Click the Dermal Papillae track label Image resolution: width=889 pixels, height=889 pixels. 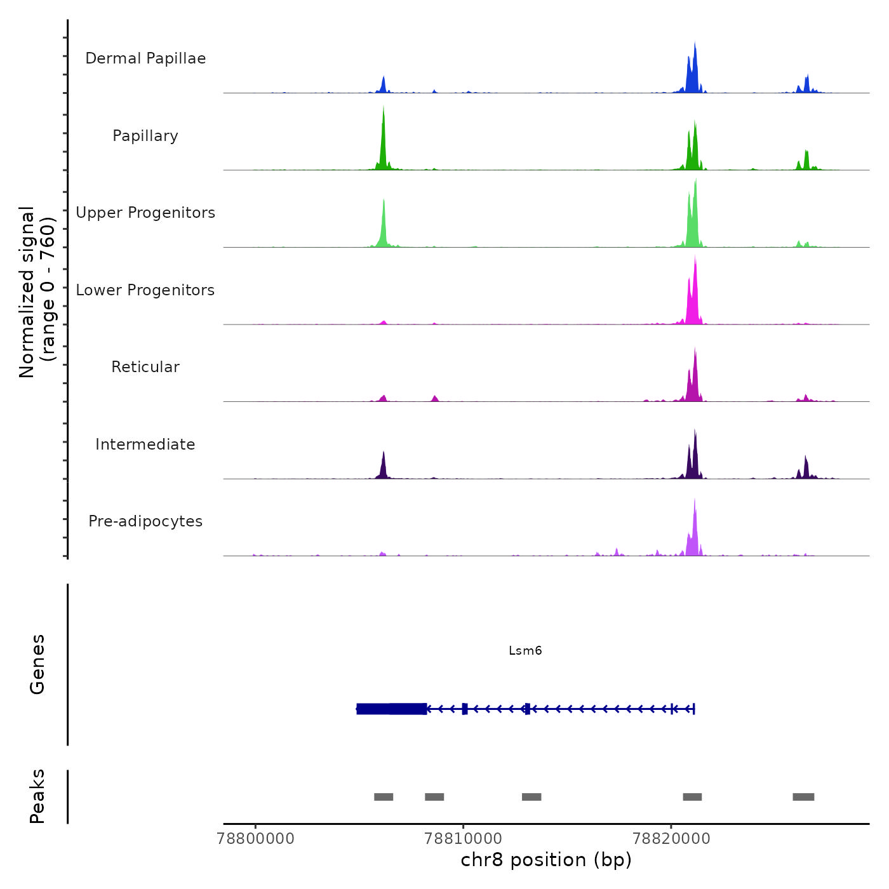click(x=145, y=58)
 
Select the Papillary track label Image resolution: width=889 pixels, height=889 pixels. click(x=145, y=136)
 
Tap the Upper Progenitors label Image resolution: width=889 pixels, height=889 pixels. click(x=145, y=213)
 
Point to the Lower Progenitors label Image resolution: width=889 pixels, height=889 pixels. click(x=145, y=290)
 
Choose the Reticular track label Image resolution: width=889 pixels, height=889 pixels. click(x=145, y=367)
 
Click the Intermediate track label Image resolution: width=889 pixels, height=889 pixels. click(x=145, y=444)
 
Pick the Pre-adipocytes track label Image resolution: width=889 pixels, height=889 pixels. click(x=145, y=521)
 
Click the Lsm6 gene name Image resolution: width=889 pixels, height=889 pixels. click(x=525, y=651)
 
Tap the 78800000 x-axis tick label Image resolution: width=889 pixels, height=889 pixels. click(x=255, y=839)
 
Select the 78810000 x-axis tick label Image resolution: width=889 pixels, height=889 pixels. click(x=464, y=839)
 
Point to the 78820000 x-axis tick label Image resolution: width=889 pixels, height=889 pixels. click(x=671, y=839)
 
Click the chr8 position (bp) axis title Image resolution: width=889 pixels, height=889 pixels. click(x=546, y=860)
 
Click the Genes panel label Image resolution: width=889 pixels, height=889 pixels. click(x=37, y=664)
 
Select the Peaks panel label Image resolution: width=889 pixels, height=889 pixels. click(x=37, y=796)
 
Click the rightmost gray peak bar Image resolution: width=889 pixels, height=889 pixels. click(x=803, y=797)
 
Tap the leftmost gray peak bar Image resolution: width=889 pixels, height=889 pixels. click(x=384, y=797)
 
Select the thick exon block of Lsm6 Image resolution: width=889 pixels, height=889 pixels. click(x=391, y=709)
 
